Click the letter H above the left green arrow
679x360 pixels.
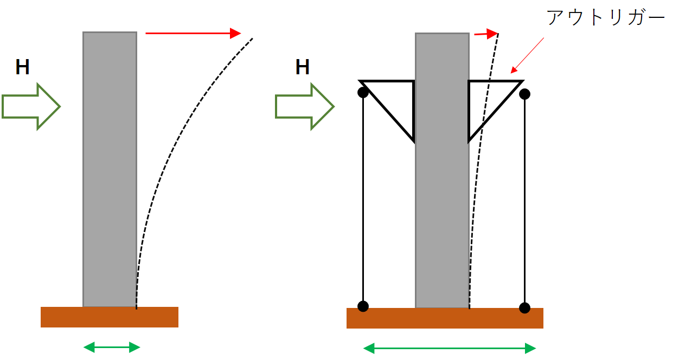point(22,67)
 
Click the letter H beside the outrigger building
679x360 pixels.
point(302,67)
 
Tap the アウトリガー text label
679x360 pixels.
point(606,17)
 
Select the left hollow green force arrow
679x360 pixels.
point(31,106)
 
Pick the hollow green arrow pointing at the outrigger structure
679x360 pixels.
point(305,106)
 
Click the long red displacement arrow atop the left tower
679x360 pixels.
point(194,33)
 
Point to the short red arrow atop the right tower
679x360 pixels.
point(486,34)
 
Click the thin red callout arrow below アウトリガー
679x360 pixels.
point(527,55)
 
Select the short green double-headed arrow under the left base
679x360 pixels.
point(112,348)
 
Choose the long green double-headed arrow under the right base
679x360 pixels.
point(450,349)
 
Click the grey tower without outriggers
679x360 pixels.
point(110,169)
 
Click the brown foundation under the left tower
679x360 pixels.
point(110,317)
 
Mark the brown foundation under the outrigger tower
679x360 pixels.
point(445,318)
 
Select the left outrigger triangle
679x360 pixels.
point(413,111)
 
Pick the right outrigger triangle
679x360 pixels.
point(469,111)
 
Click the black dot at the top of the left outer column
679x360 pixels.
point(363,92)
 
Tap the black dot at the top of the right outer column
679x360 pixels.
point(524,94)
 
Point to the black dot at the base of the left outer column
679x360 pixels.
point(363,306)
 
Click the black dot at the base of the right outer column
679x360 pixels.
point(524,308)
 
